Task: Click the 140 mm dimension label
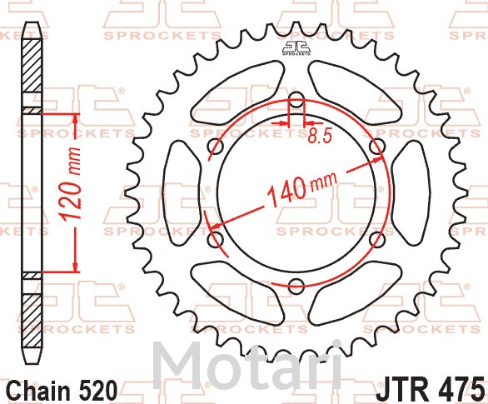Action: (302, 188)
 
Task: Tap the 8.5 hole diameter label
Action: (321, 136)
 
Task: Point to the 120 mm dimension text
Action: (71, 184)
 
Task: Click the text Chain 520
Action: (62, 391)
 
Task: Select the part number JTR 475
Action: (431, 389)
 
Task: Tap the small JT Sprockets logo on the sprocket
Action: (296, 48)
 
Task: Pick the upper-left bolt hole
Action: (216, 147)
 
